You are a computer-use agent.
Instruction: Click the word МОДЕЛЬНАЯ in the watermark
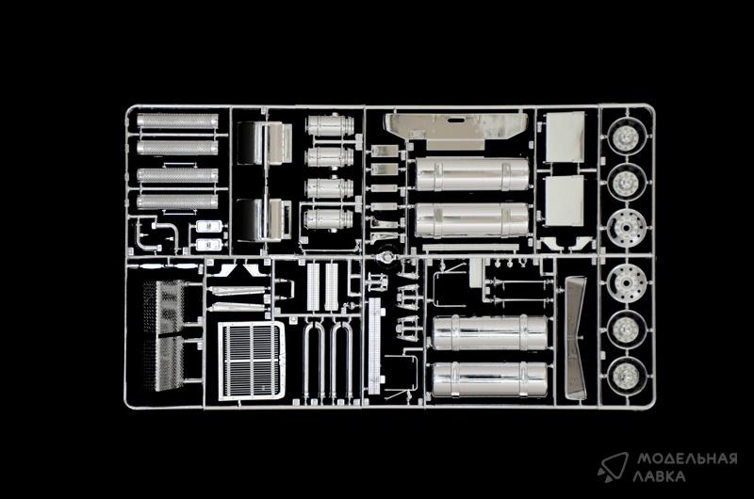click(687, 459)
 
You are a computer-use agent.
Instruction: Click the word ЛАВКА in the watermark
click(659, 476)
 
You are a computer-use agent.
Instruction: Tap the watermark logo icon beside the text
click(613, 466)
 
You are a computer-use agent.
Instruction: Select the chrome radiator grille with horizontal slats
click(251, 361)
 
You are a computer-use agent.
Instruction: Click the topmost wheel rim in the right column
click(626, 137)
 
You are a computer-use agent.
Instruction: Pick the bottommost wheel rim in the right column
click(627, 377)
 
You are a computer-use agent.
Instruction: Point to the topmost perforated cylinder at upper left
click(177, 121)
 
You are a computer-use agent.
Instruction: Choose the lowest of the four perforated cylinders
click(177, 201)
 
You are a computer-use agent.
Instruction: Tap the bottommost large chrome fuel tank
click(489, 379)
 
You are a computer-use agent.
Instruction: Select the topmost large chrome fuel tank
click(472, 174)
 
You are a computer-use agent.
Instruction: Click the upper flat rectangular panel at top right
click(565, 137)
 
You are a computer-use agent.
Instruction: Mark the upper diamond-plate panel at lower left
click(164, 307)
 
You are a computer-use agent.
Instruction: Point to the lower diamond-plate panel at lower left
click(164, 363)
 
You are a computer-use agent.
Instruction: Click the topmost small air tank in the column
click(331, 125)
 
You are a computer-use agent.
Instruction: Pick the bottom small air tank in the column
click(329, 219)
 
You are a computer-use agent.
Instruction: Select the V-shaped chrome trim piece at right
click(575, 338)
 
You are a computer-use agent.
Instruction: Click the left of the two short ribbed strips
click(314, 287)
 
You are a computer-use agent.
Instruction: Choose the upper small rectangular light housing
click(209, 227)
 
